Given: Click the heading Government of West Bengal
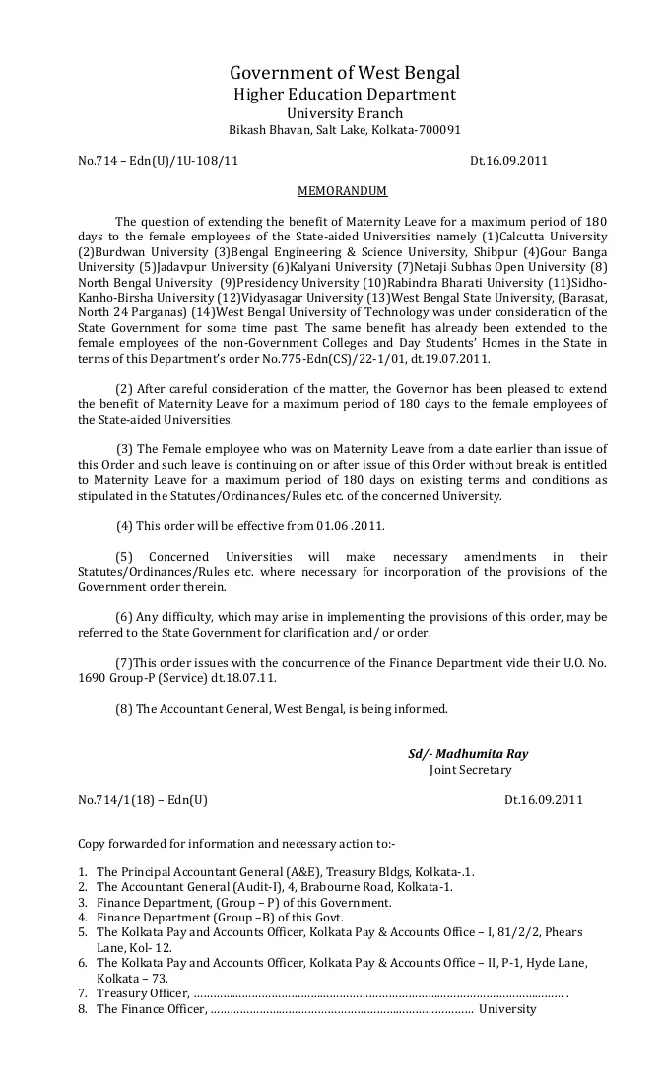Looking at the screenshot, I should [345, 73].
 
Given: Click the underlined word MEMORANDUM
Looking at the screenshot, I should [343, 191].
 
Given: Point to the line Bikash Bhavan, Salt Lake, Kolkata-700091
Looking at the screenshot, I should [345, 130].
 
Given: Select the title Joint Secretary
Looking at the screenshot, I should [471, 770].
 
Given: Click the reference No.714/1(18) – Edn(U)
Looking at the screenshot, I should [143, 800].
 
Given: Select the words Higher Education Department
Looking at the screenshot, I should [344, 95].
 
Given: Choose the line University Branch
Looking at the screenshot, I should [344, 113].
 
